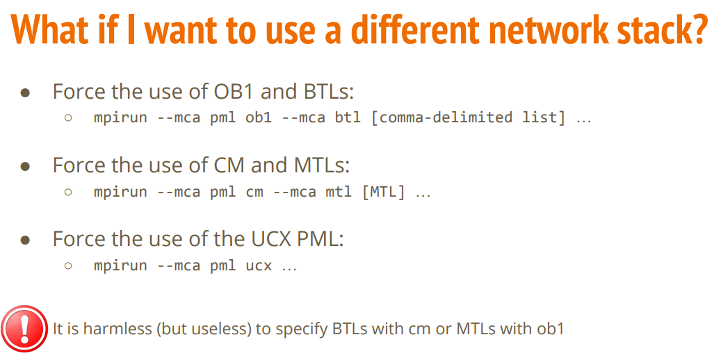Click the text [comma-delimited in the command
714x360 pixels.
coord(441,117)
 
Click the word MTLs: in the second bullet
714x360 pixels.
coord(321,165)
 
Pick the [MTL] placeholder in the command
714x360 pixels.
coord(383,192)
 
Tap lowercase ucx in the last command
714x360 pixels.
coord(259,265)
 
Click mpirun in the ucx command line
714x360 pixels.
coord(121,265)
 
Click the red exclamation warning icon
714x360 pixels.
coord(24,329)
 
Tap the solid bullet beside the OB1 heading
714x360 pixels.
coord(26,93)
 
